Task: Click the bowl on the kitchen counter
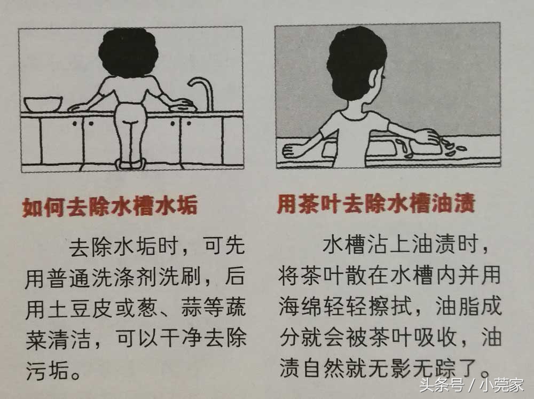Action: [43, 103]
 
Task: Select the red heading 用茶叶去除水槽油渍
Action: [375, 205]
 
